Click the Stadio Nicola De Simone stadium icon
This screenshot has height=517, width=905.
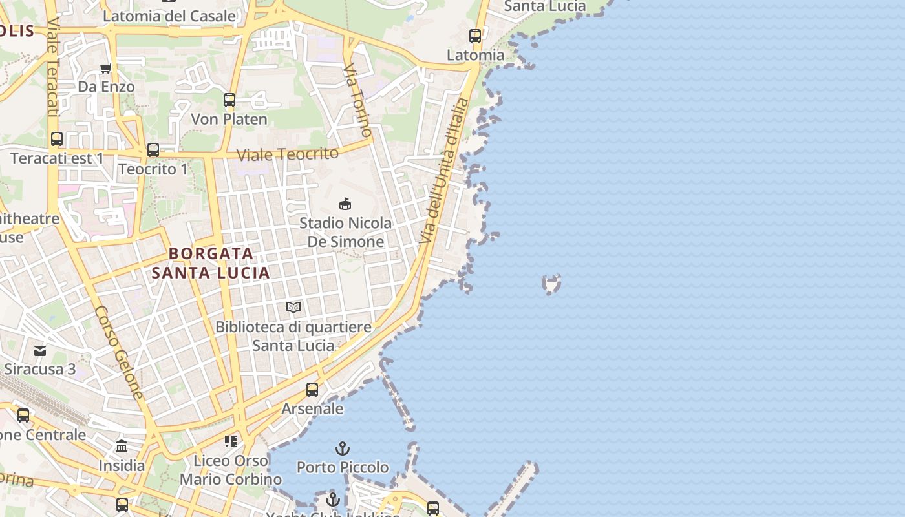[x=345, y=204]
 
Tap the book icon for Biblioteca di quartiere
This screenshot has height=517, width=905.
[x=293, y=308]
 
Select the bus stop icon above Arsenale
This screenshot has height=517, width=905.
[x=312, y=389]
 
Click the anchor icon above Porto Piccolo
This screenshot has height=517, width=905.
[x=342, y=448]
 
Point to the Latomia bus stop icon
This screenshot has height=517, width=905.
[x=475, y=36]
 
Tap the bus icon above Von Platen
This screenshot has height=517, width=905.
[x=229, y=100]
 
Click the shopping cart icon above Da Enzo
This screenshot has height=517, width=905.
[x=106, y=68]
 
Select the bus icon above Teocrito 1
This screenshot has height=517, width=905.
[x=153, y=150]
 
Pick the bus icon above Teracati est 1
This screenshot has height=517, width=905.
[x=57, y=139]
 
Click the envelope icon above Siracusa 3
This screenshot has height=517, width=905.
[x=40, y=351]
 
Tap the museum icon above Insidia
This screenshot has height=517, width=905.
[x=122, y=447]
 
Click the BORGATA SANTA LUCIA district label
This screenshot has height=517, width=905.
[x=211, y=263]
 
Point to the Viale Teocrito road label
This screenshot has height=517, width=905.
[x=288, y=154]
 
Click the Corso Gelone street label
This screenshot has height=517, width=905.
[x=119, y=352]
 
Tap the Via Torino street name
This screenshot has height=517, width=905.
[x=357, y=100]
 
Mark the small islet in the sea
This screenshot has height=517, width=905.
[x=551, y=283]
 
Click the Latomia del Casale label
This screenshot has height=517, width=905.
[x=169, y=16]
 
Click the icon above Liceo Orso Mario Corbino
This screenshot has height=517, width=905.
[x=231, y=441]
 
